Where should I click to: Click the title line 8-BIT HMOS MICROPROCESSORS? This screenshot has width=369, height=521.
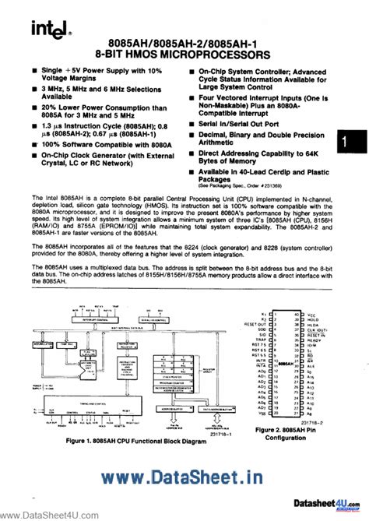click(x=184, y=55)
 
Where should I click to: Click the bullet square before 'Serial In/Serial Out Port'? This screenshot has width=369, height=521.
click(x=192, y=122)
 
